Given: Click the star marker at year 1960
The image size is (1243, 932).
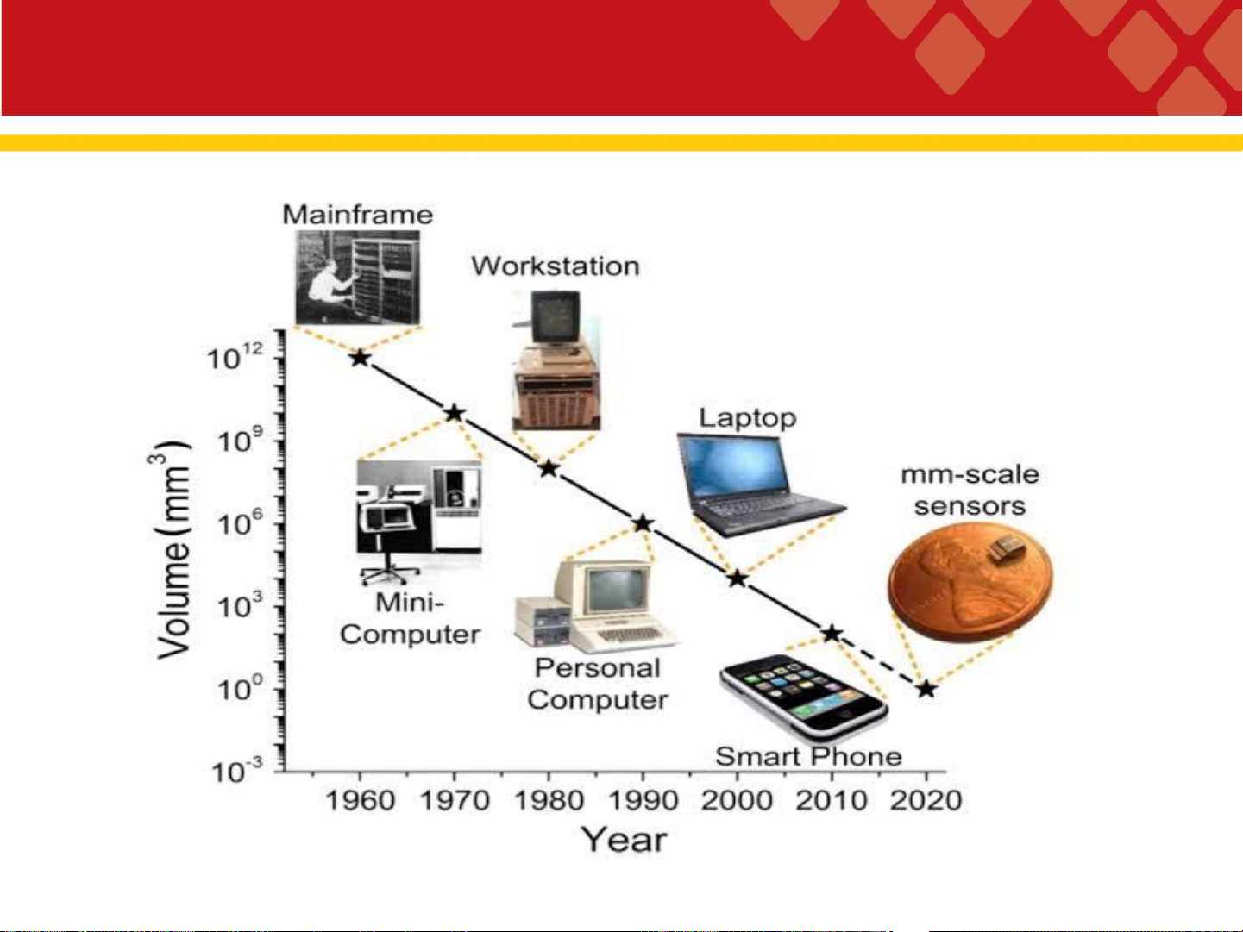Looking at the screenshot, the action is click(361, 358).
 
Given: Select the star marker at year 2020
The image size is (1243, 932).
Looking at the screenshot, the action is click(926, 689).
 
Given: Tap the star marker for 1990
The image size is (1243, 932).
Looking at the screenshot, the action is click(643, 523).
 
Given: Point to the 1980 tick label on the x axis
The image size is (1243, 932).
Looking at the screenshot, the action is click(548, 801).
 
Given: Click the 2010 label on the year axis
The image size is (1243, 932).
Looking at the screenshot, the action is click(832, 801).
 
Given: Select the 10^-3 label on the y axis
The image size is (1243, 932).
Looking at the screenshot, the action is click(237, 771).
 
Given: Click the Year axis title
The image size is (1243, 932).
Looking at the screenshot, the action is click(625, 840).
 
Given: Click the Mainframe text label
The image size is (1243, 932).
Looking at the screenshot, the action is click(357, 215).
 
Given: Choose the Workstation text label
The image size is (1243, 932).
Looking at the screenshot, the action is click(556, 266).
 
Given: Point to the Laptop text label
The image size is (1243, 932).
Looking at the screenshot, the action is click(748, 419).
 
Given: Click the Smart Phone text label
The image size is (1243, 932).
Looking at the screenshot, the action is click(808, 757).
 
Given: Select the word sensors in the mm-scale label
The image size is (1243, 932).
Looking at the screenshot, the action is click(970, 506).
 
